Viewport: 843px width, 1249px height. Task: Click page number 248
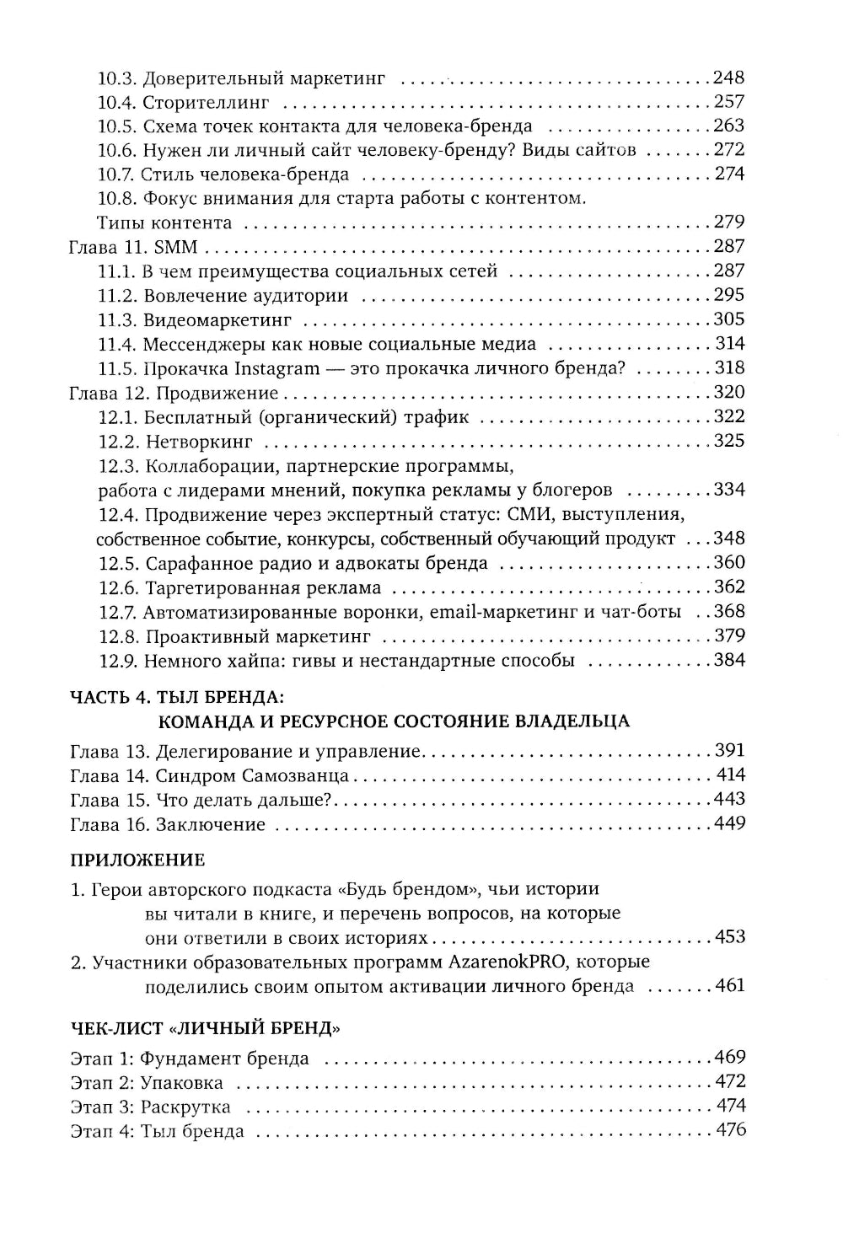tap(728, 78)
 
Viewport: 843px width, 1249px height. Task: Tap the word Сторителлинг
tap(206, 103)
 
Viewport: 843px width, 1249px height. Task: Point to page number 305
tap(728, 319)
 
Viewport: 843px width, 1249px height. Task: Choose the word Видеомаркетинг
tap(217, 320)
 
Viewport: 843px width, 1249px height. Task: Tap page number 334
tap(728, 490)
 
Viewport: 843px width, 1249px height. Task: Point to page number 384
tap(728, 660)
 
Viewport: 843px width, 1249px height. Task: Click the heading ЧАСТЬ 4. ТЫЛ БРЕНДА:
tap(176, 696)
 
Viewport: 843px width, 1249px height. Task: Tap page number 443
tap(728, 799)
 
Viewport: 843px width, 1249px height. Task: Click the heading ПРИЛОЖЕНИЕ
tap(137, 860)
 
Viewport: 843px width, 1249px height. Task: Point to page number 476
tap(730, 1130)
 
